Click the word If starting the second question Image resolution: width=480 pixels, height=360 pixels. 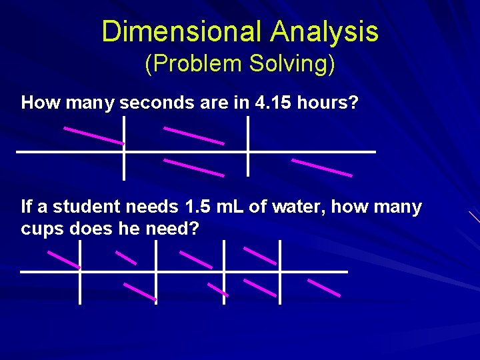click(27, 207)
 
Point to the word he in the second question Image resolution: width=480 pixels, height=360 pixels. click(115, 229)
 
